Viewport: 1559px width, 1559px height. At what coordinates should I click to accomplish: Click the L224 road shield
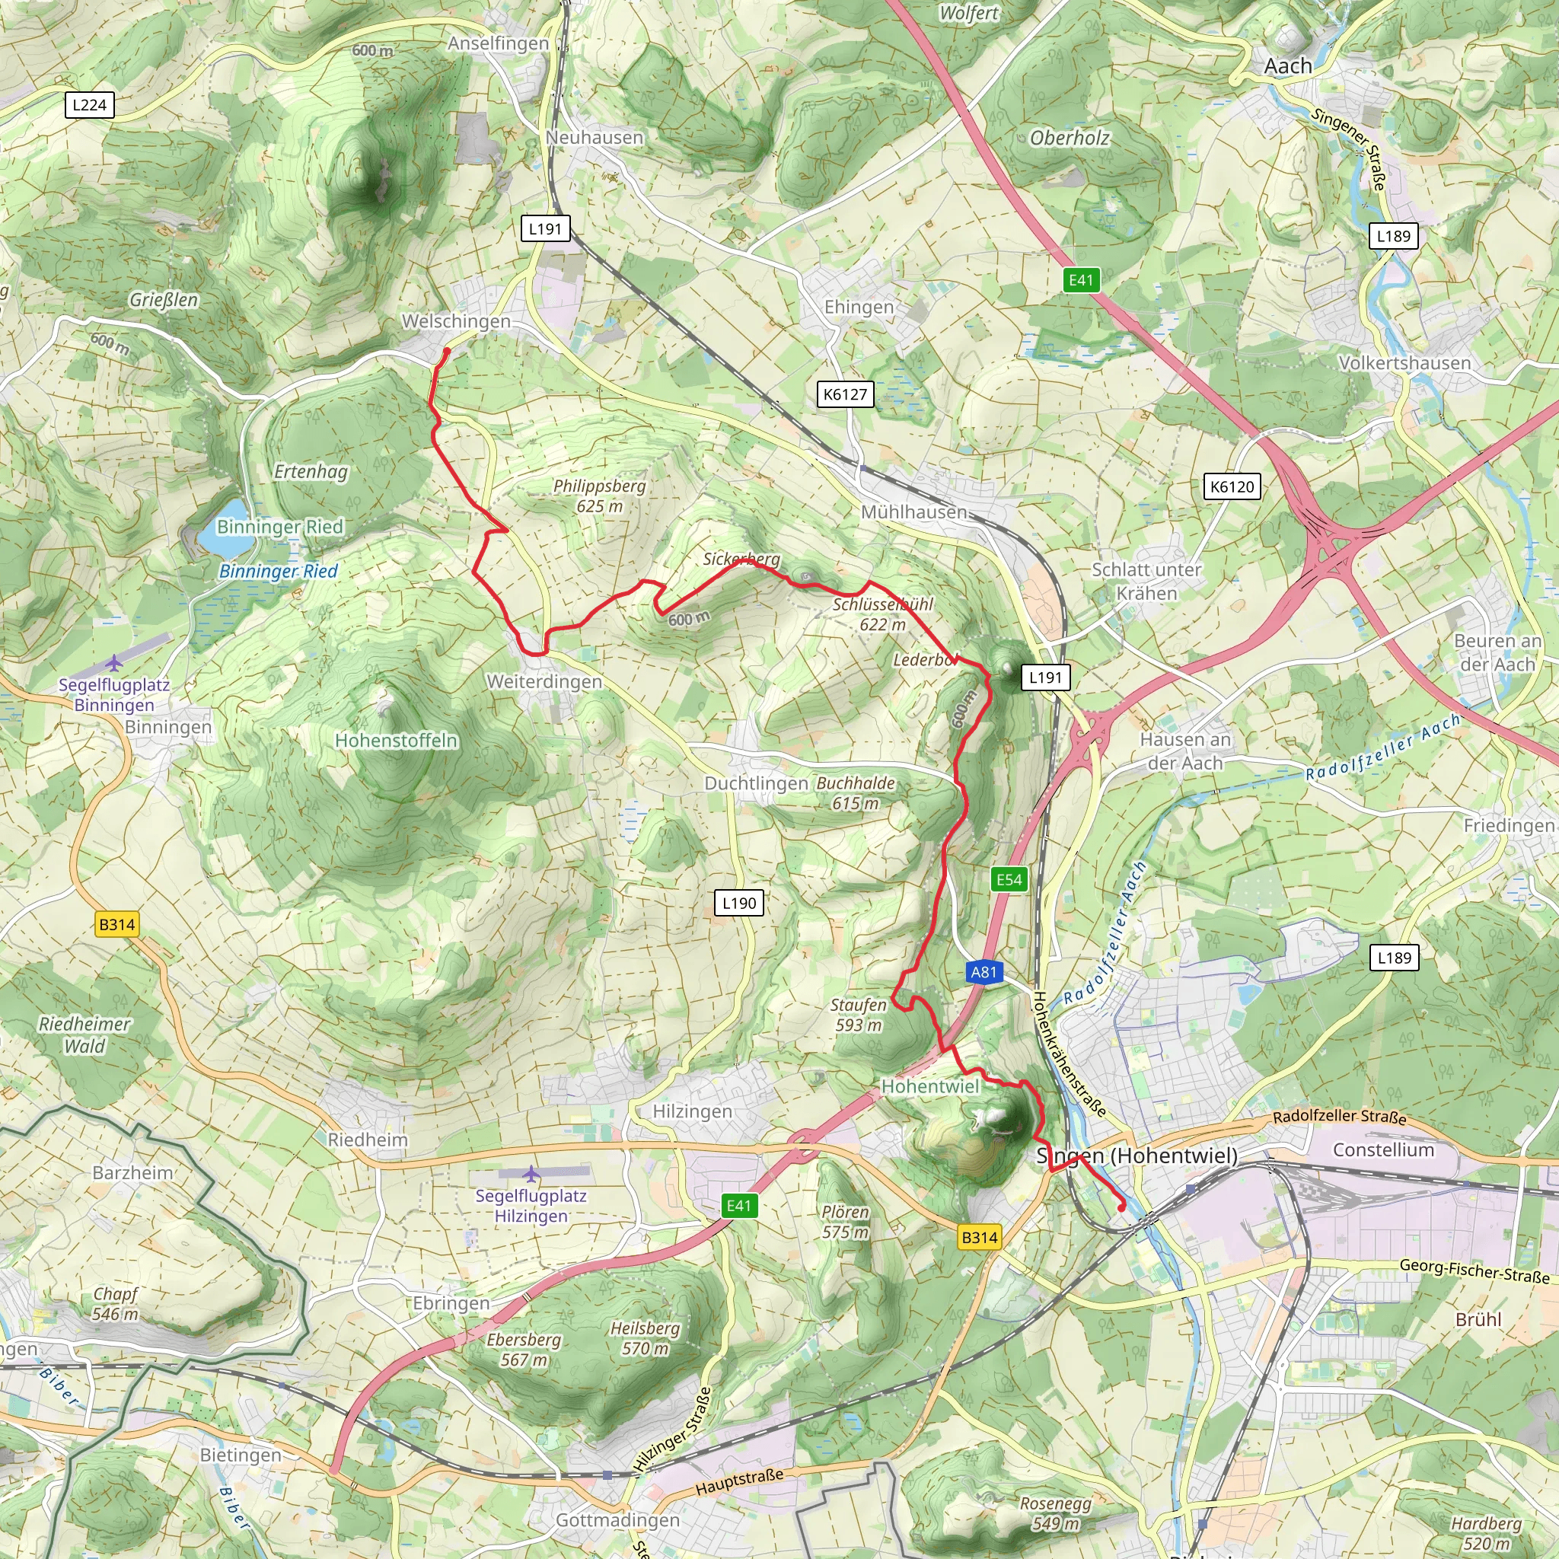click(89, 105)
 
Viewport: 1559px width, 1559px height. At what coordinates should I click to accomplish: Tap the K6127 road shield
click(845, 394)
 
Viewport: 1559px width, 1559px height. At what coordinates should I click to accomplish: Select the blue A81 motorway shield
click(984, 972)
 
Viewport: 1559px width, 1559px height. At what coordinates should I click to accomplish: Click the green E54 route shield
click(1009, 879)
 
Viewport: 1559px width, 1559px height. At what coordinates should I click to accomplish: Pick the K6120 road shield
click(1232, 486)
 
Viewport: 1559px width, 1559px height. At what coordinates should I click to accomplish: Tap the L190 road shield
click(739, 903)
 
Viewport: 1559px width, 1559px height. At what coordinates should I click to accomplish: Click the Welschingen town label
click(456, 321)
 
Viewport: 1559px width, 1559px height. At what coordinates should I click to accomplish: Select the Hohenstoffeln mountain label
click(396, 741)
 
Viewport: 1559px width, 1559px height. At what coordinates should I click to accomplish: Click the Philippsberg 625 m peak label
click(600, 496)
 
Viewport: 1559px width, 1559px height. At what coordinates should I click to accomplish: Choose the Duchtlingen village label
click(756, 783)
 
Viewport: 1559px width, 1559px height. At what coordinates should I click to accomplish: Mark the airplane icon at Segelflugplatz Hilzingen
click(531, 1174)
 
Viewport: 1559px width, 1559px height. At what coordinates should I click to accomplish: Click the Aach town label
click(1288, 66)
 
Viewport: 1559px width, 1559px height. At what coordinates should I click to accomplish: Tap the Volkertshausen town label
click(1405, 363)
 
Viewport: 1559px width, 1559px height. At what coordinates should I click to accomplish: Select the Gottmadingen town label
click(617, 1520)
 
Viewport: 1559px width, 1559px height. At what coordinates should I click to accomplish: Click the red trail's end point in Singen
click(1121, 1208)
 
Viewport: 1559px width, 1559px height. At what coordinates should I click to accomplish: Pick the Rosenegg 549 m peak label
click(1056, 1513)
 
